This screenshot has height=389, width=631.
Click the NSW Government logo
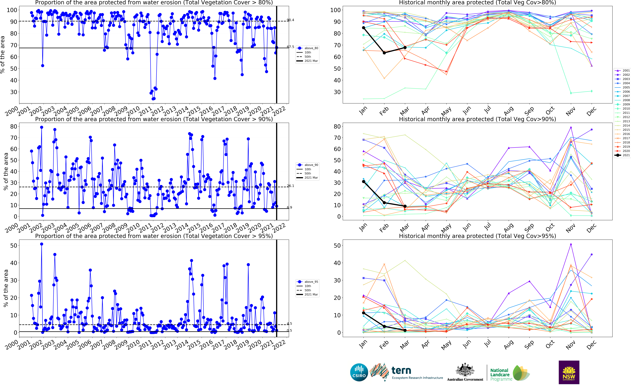569,372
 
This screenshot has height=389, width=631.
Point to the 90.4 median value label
290,20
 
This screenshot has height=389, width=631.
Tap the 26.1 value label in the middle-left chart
290,186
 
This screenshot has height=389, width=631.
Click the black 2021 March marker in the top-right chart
405,48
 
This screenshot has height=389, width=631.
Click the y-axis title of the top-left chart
3,55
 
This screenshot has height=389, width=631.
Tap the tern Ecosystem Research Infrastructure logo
406,372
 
